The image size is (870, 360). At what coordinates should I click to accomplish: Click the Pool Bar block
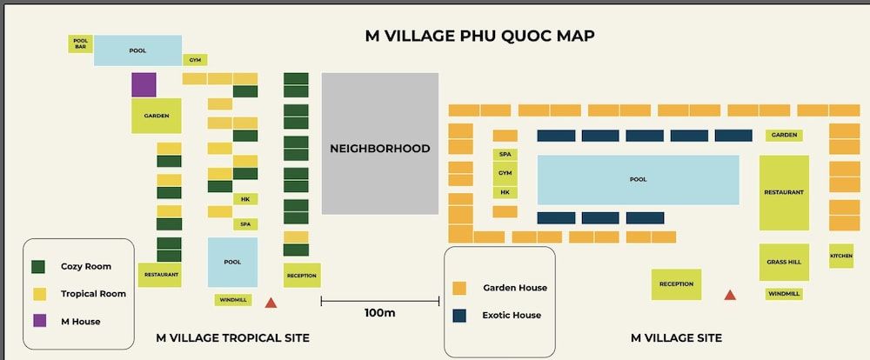81,43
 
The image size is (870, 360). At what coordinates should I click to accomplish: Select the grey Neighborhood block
380,143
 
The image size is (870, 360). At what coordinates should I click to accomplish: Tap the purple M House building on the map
144,84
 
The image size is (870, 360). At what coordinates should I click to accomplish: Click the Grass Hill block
784,262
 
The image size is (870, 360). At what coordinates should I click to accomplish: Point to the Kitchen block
841,256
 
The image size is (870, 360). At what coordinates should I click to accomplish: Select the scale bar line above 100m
379,301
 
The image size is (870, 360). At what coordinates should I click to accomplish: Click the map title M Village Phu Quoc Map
479,36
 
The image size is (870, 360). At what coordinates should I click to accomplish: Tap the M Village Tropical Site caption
232,337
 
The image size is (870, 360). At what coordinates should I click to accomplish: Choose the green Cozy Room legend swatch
39,266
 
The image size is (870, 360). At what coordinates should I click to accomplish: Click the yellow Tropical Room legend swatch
39,293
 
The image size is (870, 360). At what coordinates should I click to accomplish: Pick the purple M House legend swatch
39,321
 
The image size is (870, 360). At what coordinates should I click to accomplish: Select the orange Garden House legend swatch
460,288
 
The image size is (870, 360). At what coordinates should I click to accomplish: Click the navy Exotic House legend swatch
460,315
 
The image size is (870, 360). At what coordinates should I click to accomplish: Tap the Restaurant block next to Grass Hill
784,192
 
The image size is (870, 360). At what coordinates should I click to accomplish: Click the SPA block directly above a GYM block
505,154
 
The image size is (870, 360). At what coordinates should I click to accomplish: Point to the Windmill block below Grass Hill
784,294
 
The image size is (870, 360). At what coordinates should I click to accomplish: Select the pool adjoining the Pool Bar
137,50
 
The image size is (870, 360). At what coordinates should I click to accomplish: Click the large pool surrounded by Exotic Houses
638,180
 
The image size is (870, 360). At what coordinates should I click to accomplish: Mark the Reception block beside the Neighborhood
302,276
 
